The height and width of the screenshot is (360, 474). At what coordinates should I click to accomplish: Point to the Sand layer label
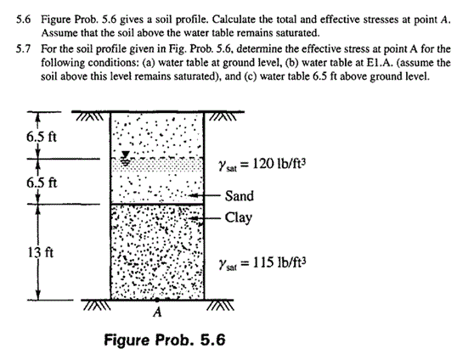click(x=240, y=196)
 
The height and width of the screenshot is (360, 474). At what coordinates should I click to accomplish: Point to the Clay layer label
click(x=239, y=217)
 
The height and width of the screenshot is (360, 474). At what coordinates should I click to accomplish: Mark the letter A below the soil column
click(x=155, y=311)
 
